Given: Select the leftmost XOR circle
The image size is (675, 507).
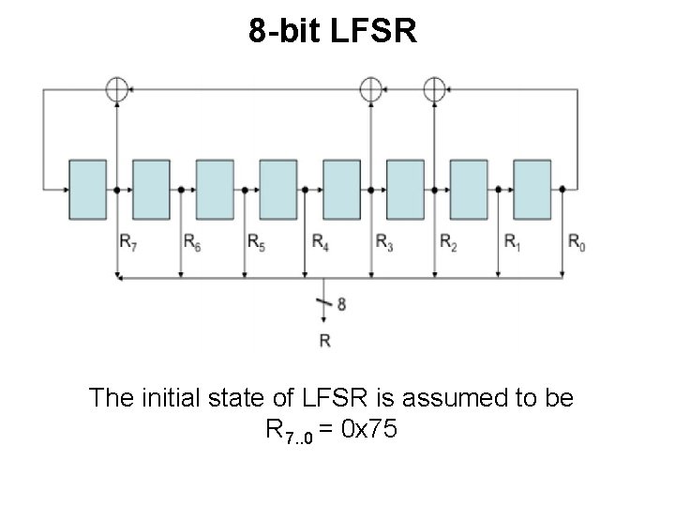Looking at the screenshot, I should pyautogui.click(x=116, y=88).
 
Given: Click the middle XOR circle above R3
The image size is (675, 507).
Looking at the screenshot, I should pyautogui.click(x=371, y=88).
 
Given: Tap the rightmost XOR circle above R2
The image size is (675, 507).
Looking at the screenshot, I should pyautogui.click(x=434, y=88).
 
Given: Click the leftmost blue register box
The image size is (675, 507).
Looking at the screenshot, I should pyautogui.click(x=87, y=189).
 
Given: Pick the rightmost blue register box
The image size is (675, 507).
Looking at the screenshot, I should pyautogui.click(x=532, y=189).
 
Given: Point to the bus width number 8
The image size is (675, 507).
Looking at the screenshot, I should pyautogui.click(x=341, y=304).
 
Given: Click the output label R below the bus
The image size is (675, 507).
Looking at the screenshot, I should pyautogui.click(x=324, y=341).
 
